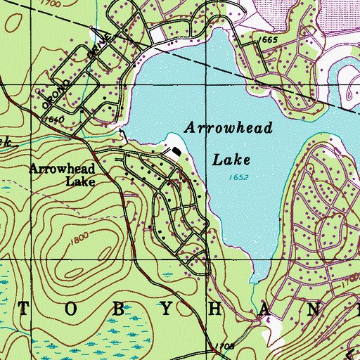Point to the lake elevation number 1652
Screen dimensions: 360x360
238,179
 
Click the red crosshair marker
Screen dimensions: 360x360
180,180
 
